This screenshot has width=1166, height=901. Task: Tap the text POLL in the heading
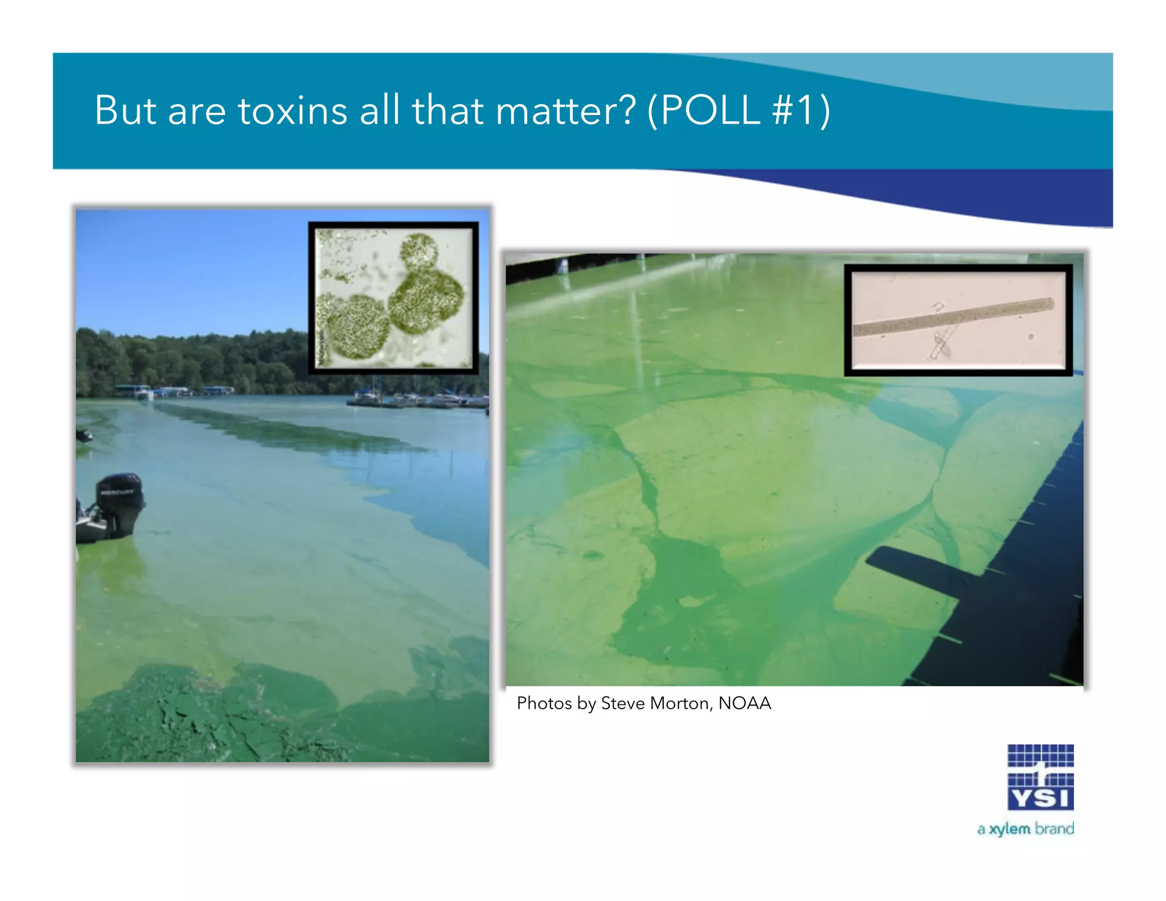(x=711, y=110)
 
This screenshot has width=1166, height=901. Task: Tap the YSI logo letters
(x=1041, y=798)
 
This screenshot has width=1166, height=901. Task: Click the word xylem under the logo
(x=1009, y=829)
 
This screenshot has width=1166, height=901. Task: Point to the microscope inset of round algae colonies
(x=393, y=298)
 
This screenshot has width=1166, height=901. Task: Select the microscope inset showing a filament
(x=958, y=320)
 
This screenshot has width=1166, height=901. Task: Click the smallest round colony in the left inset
(x=419, y=251)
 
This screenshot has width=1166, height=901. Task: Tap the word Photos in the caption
(x=544, y=703)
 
